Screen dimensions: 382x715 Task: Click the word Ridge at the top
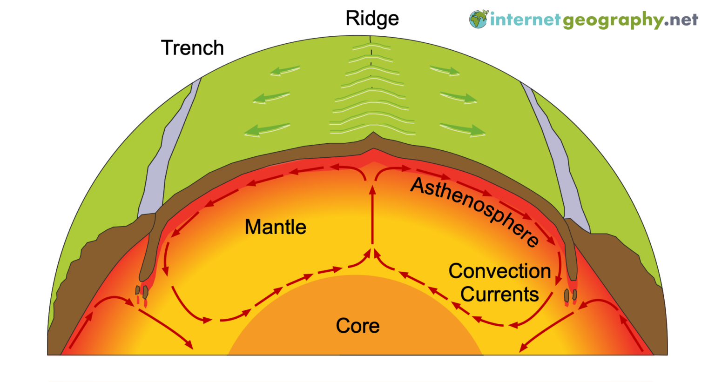(372, 19)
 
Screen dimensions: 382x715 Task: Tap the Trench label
(192, 48)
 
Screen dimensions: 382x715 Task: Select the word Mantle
(275, 227)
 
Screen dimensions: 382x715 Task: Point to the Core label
(357, 326)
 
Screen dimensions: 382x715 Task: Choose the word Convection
(499, 271)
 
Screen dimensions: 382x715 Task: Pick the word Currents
(499, 294)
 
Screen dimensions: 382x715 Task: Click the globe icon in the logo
(478, 19)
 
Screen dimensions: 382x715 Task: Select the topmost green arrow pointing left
(285, 71)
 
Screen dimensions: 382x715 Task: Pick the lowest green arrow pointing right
(463, 129)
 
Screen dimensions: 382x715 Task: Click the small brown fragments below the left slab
(142, 291)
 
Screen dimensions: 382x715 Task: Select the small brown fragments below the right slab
(570, 295)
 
